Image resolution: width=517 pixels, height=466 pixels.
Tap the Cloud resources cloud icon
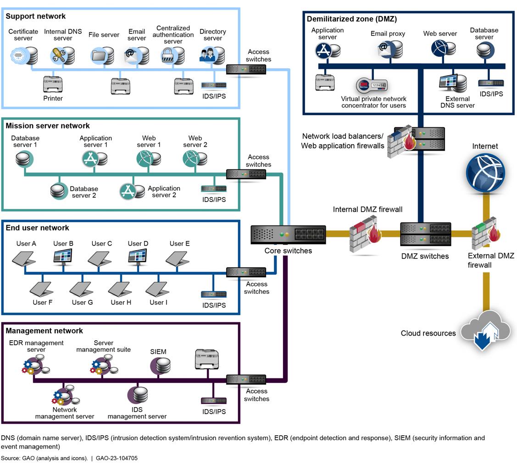485,330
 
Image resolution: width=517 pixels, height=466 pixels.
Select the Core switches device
288,235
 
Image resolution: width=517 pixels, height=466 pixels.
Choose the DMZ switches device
425,235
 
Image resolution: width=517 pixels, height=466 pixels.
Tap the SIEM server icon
161,366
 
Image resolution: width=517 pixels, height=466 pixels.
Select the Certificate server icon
24,56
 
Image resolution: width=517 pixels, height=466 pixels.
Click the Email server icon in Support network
137,56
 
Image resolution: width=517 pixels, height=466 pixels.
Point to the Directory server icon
212,56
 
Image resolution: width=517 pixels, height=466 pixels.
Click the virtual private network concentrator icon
372,86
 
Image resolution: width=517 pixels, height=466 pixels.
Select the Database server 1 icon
25,159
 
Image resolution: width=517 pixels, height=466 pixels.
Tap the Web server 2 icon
195,159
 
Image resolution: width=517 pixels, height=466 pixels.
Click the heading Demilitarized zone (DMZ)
351,19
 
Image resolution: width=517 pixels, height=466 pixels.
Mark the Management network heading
44,331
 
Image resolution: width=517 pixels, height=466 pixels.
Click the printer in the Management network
206,359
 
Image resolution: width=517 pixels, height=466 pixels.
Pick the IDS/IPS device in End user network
214,294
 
